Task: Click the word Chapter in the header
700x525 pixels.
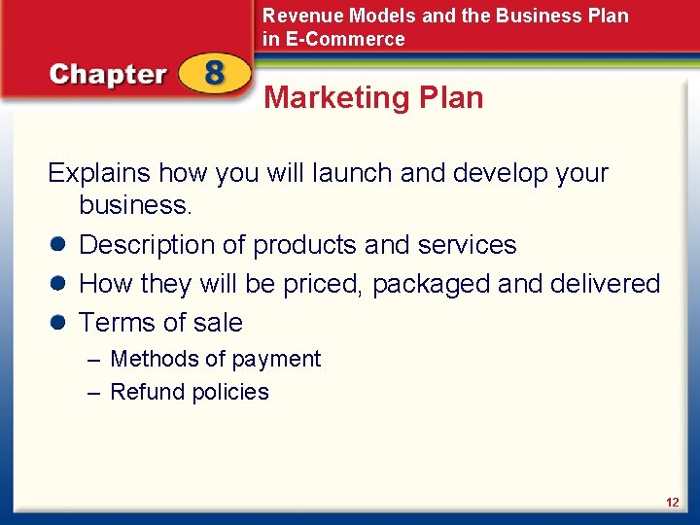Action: pos(108,76)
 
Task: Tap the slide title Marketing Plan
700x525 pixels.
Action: pos(373,98)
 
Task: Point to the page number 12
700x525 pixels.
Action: pos(672,503)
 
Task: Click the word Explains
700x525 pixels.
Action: pos(99,173)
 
